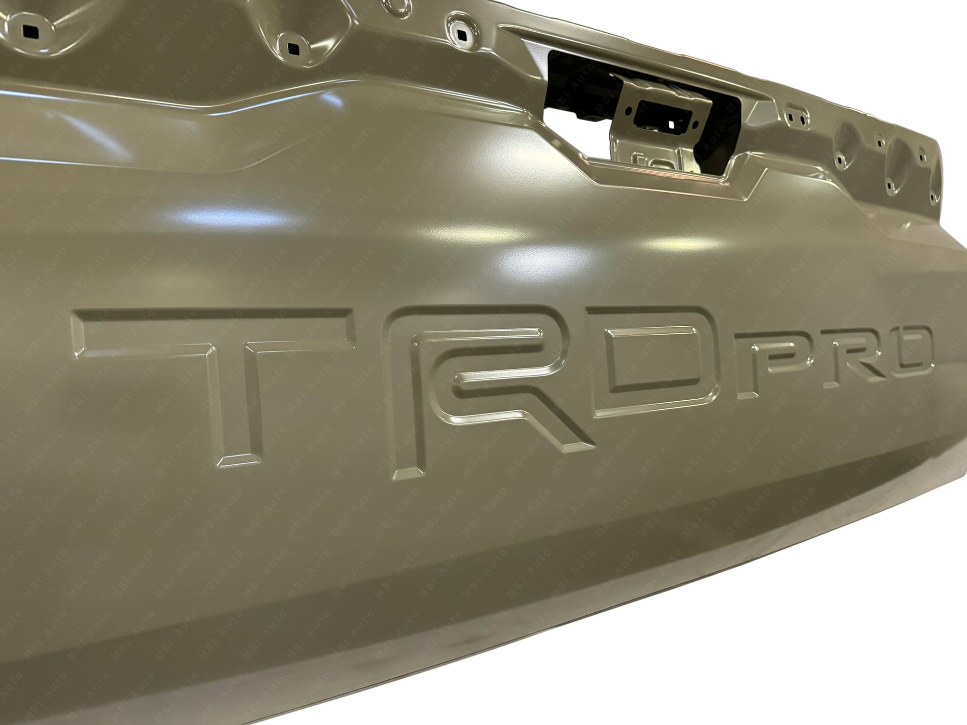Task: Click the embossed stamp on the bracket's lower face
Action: [646, 159]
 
